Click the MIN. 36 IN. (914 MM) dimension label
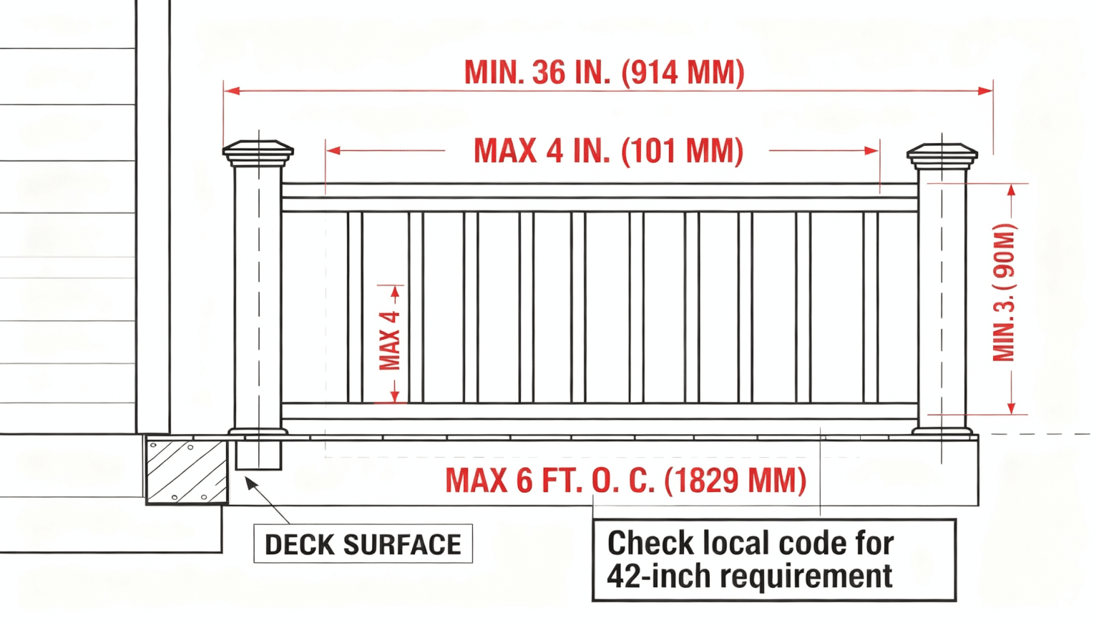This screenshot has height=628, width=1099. [605, 73]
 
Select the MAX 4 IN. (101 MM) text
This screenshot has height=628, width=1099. [608, 152]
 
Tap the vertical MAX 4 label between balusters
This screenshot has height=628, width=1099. [390, 340]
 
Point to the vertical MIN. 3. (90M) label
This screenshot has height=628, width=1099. [1004, 293]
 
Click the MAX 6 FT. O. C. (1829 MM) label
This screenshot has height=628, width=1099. [626, 481]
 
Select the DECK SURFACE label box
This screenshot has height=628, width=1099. [363, 545]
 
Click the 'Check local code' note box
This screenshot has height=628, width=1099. [773, 560]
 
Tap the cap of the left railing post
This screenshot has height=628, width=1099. [258, 152]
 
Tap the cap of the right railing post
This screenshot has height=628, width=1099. [942, 152]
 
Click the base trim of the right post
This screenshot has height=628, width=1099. [942, 430]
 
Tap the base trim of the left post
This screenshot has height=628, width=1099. [258, 431]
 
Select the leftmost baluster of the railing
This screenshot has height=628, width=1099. [355, 308]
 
